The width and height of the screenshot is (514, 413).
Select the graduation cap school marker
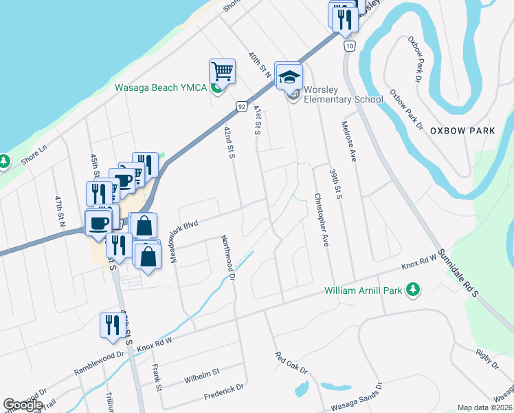pos(289,76)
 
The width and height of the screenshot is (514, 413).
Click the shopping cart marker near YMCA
pos(223,71)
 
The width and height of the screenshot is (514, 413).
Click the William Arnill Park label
pos(364,291)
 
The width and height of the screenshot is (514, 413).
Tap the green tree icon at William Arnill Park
pos(413,290)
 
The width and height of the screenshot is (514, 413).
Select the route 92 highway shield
pos(241,107)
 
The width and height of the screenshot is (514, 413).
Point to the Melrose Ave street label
pos(349,141)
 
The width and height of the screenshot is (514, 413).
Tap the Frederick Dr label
pos(223,392)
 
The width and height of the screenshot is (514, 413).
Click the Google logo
pos(23,405)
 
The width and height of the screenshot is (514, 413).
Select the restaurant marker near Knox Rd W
pos(111,326)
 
